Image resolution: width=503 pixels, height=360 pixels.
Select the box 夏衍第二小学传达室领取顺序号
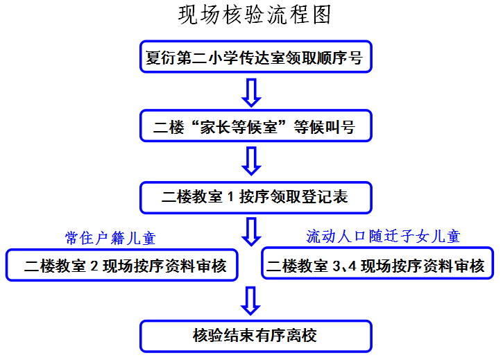tap(255, 58)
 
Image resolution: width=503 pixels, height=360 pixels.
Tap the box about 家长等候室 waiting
tap(255, 127)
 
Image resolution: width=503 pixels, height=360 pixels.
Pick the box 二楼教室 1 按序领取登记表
tap(255, 197)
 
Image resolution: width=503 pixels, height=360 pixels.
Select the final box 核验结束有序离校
tap(255, 336)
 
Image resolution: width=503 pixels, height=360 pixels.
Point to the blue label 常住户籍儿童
tap(110, 238)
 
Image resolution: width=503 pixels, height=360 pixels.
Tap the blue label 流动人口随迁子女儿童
tap(383, 237)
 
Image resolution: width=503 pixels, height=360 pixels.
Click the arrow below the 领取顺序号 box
tap(252, 92)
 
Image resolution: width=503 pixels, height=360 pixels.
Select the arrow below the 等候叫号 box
tap(252, 161)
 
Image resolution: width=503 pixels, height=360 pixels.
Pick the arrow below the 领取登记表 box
tap(252, 230)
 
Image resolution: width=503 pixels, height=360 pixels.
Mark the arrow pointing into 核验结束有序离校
tap(252, 300)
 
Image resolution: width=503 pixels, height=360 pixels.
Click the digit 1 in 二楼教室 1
tap(230, 197)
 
